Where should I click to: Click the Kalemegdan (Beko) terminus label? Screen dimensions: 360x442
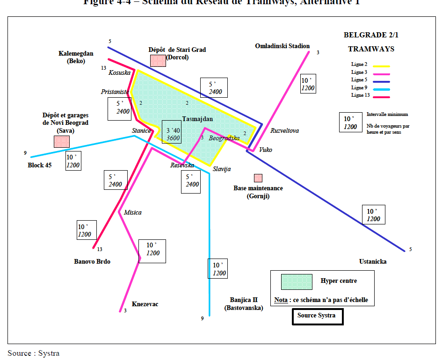pos(76,57)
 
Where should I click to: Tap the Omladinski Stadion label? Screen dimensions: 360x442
pos(282,46)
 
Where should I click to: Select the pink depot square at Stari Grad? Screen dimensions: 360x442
pos(158,60)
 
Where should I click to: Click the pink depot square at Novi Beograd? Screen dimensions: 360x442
pos(61,142)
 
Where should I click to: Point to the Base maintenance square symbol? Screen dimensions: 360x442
pos(258,178)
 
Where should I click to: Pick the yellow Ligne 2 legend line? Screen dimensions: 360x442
pos(381,66)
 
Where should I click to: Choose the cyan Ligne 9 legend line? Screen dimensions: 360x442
pos(381,89)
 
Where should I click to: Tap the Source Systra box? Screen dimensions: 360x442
pos(317,316)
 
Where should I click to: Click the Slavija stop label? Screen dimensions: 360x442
pos(222,169)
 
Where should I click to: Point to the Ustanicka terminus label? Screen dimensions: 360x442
pos(373,262)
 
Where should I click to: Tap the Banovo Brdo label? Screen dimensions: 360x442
pos(92,262)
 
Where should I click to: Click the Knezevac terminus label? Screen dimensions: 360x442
pos(145,304)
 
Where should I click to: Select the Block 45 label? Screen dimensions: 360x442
pos(39,165)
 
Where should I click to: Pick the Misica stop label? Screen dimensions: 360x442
pos(132,213)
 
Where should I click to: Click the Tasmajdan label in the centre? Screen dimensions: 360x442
pos(197,119)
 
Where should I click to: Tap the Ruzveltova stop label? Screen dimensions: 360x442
pos(284,131)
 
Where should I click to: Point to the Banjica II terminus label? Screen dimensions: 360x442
pos(244,303)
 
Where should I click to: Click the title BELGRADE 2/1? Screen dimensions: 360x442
pos(371,35)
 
